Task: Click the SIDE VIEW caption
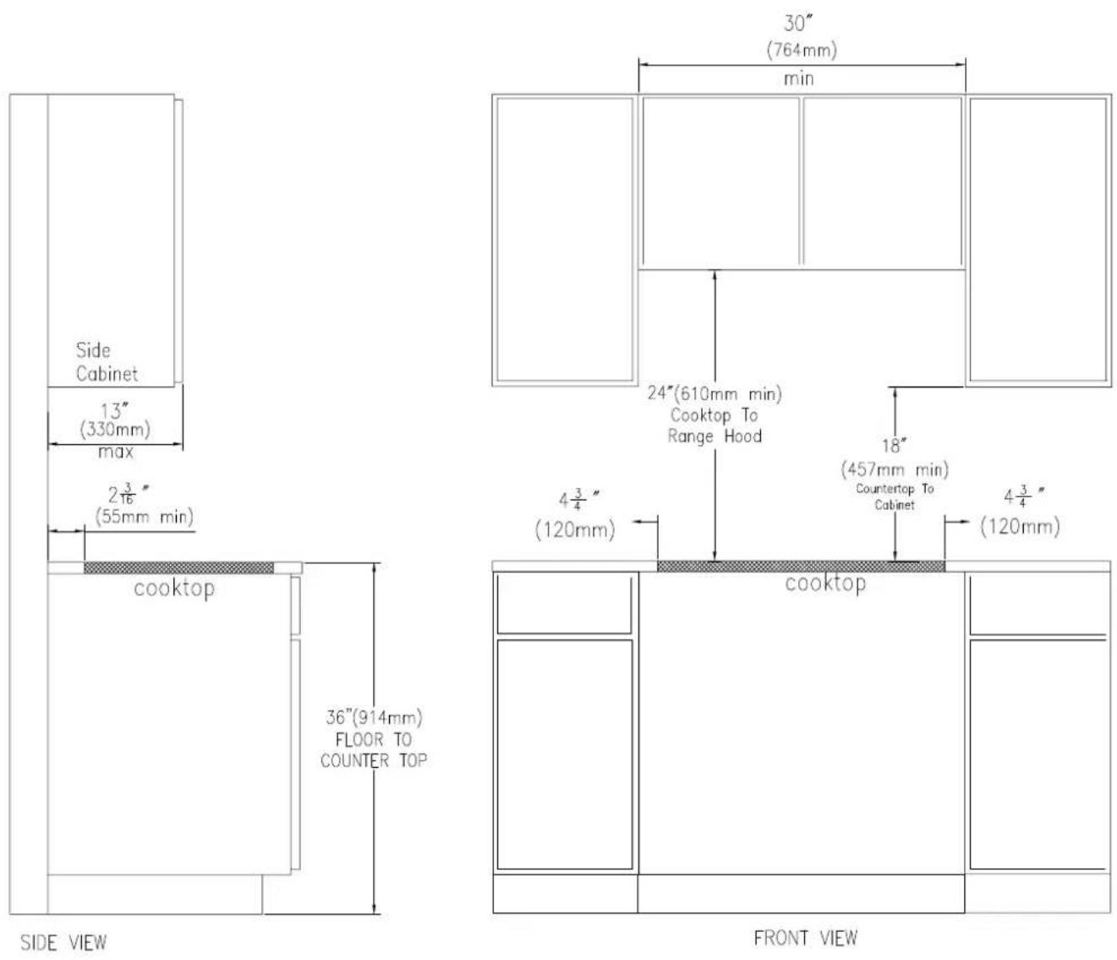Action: tap(63, 943)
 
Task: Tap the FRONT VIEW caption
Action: tap(805, 938)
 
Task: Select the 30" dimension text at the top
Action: tap(798, 23)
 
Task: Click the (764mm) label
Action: tap(802, 50)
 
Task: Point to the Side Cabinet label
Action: tap(107, 362)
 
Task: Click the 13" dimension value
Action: tap(114, 411)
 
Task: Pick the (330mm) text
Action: tap(115, 430)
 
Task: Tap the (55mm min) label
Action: tap(145, 517)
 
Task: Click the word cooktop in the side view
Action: tap(174, 589)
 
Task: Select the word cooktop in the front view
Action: tap(825, 584)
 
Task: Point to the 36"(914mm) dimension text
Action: tap(374, 717)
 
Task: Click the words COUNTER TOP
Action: tap(374, 760)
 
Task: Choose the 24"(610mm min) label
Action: tap(715, 393)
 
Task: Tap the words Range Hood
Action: tap(715, 436)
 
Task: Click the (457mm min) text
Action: tap(895, 469)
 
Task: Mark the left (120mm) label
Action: tap(575, 529)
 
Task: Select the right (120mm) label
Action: tap(1021, 526)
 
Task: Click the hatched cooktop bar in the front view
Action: tap(801, 566)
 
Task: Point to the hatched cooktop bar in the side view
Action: tap(179, 568)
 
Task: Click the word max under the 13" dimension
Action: tap(116, 452)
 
